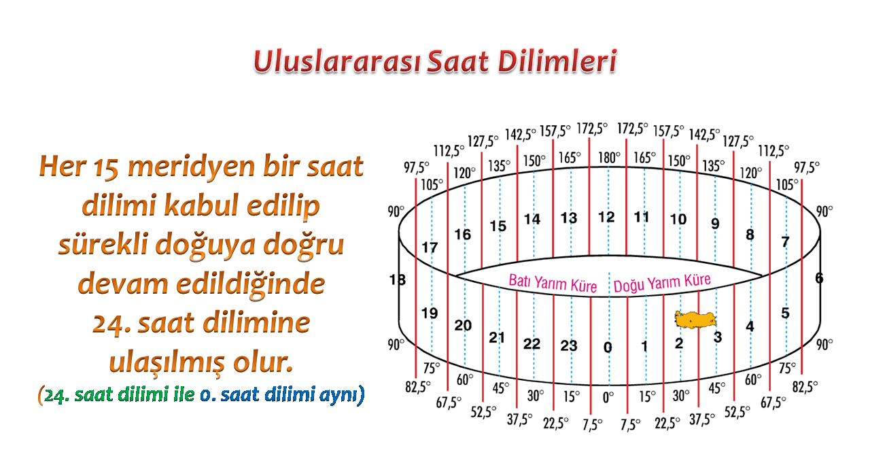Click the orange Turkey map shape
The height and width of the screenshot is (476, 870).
pyautogui.click(x=695, y=320)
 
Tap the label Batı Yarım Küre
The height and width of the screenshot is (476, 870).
pyautogui.click(x=553, y=283)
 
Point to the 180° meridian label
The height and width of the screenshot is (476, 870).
pyautogui.click(x=609, y=157)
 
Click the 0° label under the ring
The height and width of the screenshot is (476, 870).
pyautogui.click(x=608, y=397)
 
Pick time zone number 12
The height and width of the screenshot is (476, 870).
pyautogui.click(x=606, y=217)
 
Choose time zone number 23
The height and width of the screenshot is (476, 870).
pyautogui.click(x=569, y=345)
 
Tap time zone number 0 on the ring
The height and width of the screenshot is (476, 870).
pyautogui.click(x=608, y=347)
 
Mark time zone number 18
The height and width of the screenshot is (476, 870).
pyautogui.click(x=398, y=279)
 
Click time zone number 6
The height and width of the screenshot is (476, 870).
pyautogui.click(x=819, y=278)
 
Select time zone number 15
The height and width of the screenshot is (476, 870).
pyautogui.click(x=498, y=226)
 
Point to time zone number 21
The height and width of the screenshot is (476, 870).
pyautogui.click(x=497, y=338)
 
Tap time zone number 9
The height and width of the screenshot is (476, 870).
pyautogui.click(x=715, y=224)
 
